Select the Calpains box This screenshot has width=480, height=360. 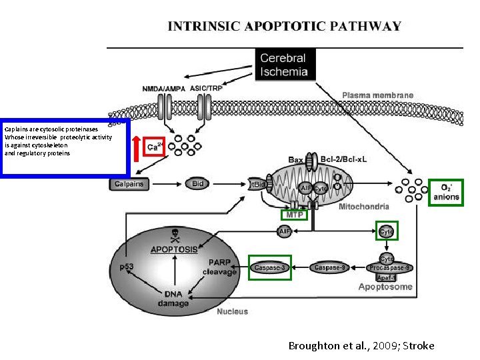(129, 184)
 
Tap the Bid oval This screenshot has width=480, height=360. (197, 184)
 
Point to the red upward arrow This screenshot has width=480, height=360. (137, 147)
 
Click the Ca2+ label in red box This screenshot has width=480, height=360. (154, 147)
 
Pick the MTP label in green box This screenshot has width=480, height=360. (294, 215)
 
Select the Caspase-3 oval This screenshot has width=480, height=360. (270, 267)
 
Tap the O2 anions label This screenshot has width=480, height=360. (446, 192)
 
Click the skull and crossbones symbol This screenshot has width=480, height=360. (175, 234)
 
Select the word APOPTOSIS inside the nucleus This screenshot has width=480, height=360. (174, 249)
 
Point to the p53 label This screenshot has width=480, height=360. (126, 267)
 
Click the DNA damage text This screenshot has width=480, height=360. (173, 299)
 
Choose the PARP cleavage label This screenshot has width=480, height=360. (220, 267)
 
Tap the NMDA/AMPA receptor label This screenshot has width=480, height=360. (163, 88)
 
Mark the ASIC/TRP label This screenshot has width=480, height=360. (207, 88)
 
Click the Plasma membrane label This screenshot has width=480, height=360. (377, 95)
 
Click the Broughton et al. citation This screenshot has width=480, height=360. (361, 345)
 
